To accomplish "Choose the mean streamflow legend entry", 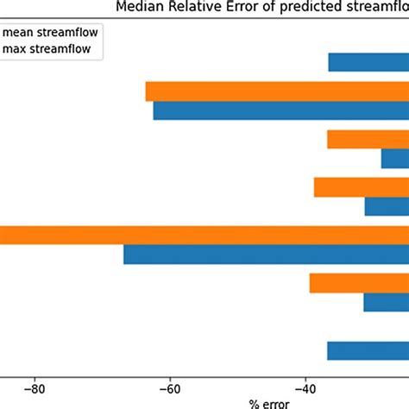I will pyautogui.click(x=53, y=35).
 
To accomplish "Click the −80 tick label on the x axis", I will pyautogui.click(x=35, y=388).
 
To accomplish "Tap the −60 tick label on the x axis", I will pyautogui.click(x=170, y=388).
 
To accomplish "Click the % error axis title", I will pyautogui.click(x=269, y=403).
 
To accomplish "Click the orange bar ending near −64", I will pyautogui.click(x=276, y=91).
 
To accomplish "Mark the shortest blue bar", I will pyautogui.click(x=394, y=159).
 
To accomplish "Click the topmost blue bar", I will pyautogui.click(x=368, y=63).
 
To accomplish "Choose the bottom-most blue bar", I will pyautogui.click(x=368, y=350).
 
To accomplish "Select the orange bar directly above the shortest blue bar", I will pyautogui.click(x=368, y=139).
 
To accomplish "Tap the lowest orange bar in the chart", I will pyautogui.click(x=359, y=283).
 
